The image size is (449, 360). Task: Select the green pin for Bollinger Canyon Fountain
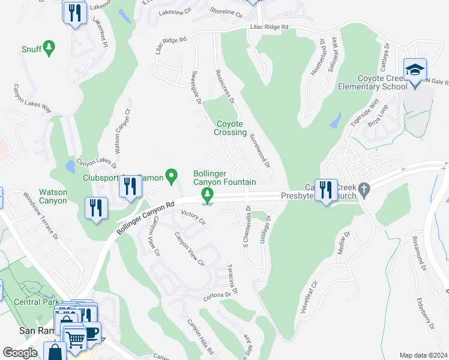[208, 194]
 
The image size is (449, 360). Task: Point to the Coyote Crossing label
[231, 128]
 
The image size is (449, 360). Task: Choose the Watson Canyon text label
[53, 196]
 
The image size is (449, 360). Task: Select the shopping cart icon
[75, 339]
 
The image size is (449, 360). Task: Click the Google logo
[20, 352]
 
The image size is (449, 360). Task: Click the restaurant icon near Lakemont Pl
[74, 13]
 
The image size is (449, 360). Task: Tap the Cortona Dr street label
[217, 295]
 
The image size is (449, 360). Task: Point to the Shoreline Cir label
[226, 13]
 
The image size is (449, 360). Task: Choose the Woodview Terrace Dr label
[40, 215]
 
